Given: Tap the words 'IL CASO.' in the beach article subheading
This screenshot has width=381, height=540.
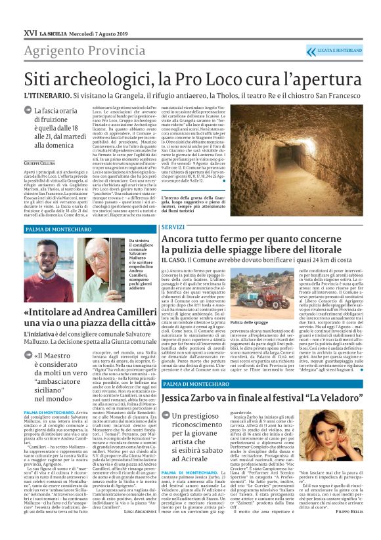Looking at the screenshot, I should coord(175,259).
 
